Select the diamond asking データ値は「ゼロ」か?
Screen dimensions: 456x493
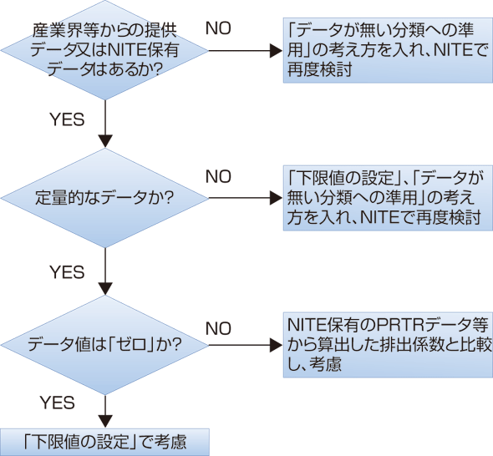tap(104, 344)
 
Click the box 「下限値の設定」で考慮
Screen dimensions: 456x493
tap(104, 440)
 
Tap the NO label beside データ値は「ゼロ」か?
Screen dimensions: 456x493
tap(219, 327)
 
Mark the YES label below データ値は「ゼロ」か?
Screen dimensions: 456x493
tap(58, 403)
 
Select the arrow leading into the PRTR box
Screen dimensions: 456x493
tap(242, 344)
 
